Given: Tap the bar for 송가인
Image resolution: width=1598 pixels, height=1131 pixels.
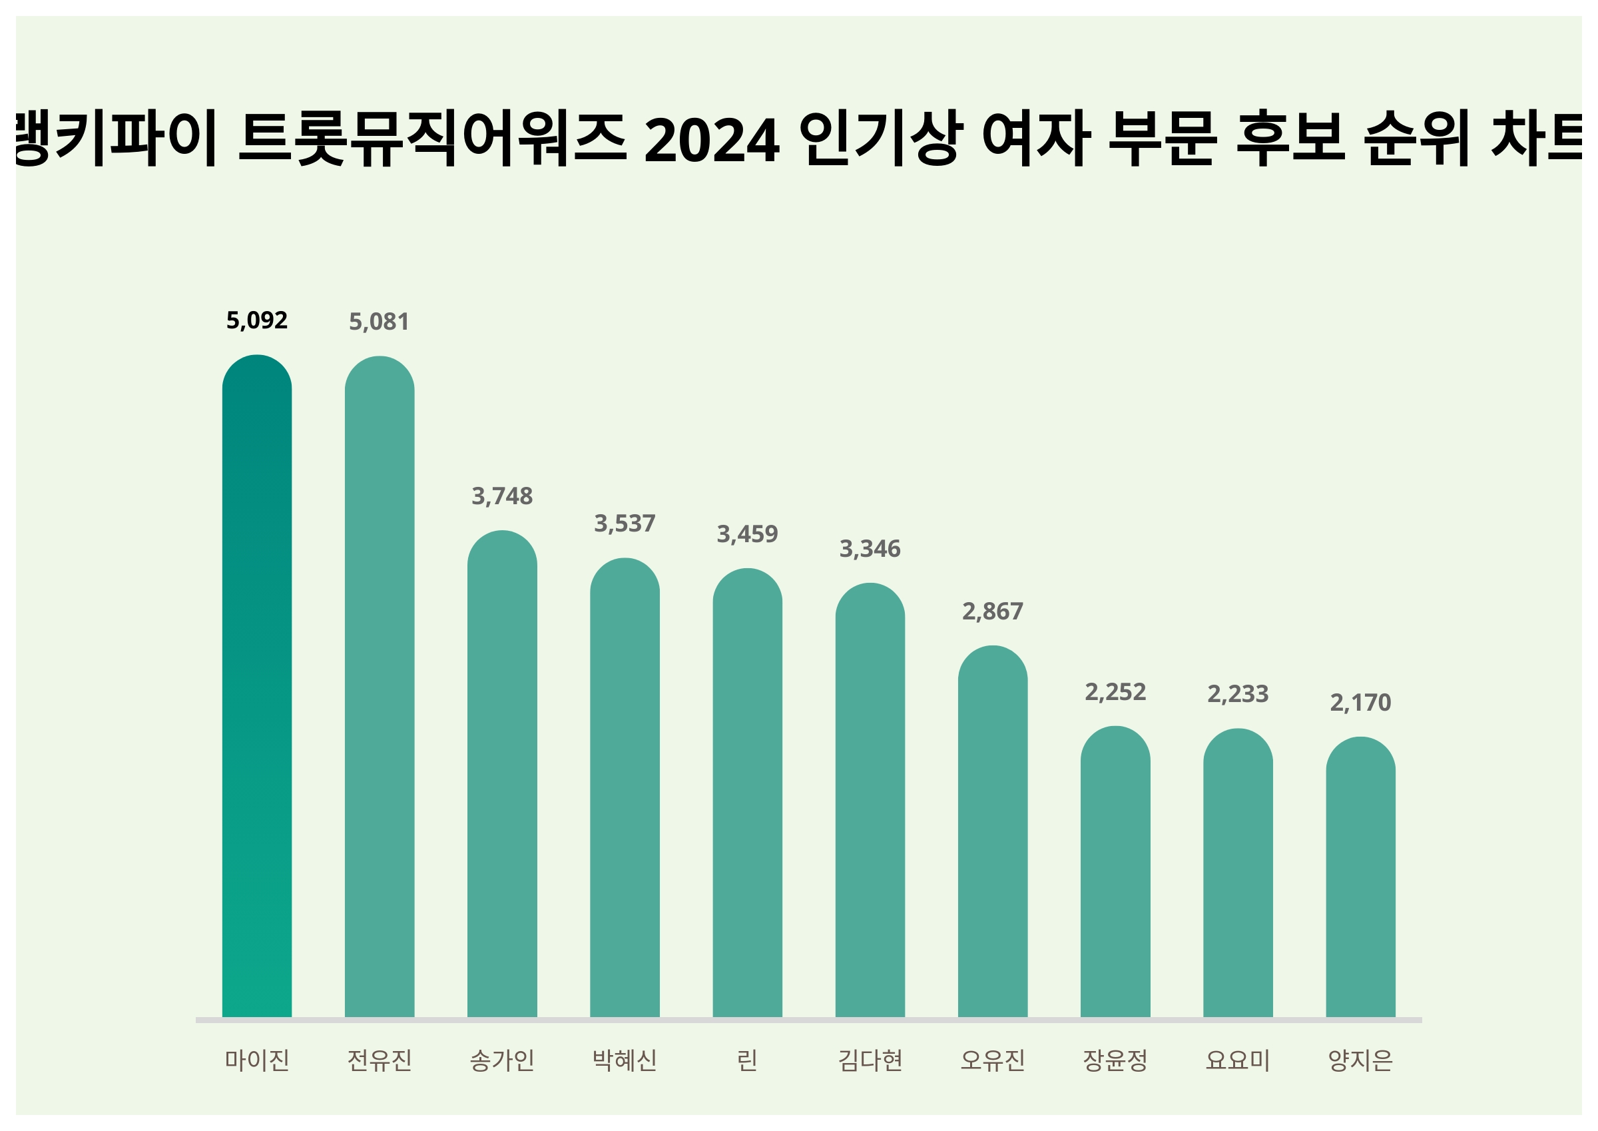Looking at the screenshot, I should [502, 774].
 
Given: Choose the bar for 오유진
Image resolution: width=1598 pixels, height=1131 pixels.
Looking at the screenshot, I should [993, 831].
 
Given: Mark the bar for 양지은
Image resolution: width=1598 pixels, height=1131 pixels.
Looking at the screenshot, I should [1360, 877].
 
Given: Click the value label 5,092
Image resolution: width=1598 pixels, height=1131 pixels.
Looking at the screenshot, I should [257, 320].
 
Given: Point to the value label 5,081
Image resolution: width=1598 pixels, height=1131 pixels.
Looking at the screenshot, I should [380, 322].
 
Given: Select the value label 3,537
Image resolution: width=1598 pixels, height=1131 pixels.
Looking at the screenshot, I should [625, 523].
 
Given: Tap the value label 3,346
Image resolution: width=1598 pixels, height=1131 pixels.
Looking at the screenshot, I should [870, 549].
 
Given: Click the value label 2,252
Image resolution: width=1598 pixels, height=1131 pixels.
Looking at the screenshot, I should [1115, 691].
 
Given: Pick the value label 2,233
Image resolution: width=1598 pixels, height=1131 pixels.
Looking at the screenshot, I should [1238, 693].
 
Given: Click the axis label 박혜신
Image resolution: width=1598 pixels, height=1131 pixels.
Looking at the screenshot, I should [625, 1060].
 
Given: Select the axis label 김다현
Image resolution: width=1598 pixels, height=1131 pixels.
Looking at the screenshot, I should [870, 1060].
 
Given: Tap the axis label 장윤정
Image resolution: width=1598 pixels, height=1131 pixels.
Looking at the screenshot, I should [1115, 1060].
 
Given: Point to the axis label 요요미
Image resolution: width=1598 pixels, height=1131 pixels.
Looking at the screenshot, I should [1238, 1060].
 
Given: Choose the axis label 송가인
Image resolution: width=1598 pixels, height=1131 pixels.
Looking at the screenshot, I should [502, 1060].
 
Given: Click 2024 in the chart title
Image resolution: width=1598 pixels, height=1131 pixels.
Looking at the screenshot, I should [711, 141].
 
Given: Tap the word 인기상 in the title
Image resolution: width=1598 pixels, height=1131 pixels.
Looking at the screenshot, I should [881, 139].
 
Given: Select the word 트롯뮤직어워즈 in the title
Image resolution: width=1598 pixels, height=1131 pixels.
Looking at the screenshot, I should [431, 139].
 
